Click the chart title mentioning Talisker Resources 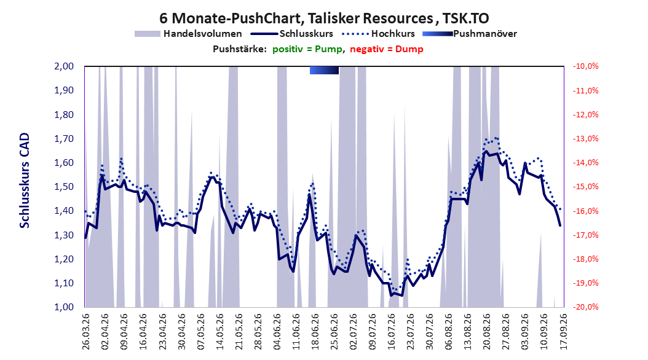(324, 18)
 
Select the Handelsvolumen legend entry (189, 34)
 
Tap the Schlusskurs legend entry (292, 34)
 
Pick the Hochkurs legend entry (379, 34)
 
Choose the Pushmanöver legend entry (470, 34)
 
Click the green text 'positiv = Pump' (307, 49)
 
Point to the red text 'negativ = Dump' (387, 49)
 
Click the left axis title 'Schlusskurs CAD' (25, 181)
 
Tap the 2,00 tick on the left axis (64, 66)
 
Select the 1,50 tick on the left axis (64, 187)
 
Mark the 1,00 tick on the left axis (64, 307)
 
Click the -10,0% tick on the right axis (585, 66)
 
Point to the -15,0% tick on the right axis (585, 187)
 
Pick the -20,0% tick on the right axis (585, 307)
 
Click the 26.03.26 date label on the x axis (86, 332)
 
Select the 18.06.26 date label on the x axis (315, 332)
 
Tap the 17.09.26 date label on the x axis (563, 332)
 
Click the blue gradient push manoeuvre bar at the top (325, 70)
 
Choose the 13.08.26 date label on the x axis (467, 332)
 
